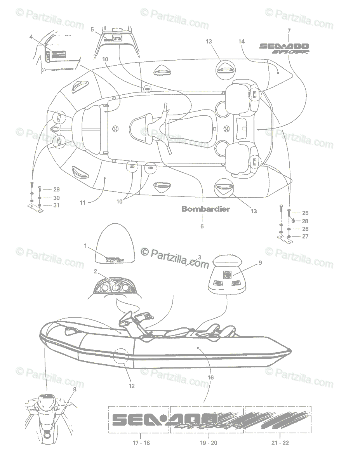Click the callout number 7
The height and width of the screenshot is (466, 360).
point(289,30)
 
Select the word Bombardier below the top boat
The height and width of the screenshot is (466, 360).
point(205,209)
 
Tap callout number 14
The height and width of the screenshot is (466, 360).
point(242,41)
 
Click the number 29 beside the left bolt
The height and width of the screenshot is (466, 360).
point(56,190)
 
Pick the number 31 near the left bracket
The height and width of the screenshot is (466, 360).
point(56,205)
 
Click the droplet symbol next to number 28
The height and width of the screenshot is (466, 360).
point(294,221)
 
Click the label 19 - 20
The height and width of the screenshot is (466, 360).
point(209,442)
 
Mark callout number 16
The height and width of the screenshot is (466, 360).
point(210,377)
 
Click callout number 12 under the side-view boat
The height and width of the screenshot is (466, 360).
point(132,386)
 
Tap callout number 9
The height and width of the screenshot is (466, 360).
point(260,263)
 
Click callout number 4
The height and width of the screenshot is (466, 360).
point(31,37)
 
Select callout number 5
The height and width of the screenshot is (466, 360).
point(92,29)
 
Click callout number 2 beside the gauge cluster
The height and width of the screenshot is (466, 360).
point(96,271)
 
